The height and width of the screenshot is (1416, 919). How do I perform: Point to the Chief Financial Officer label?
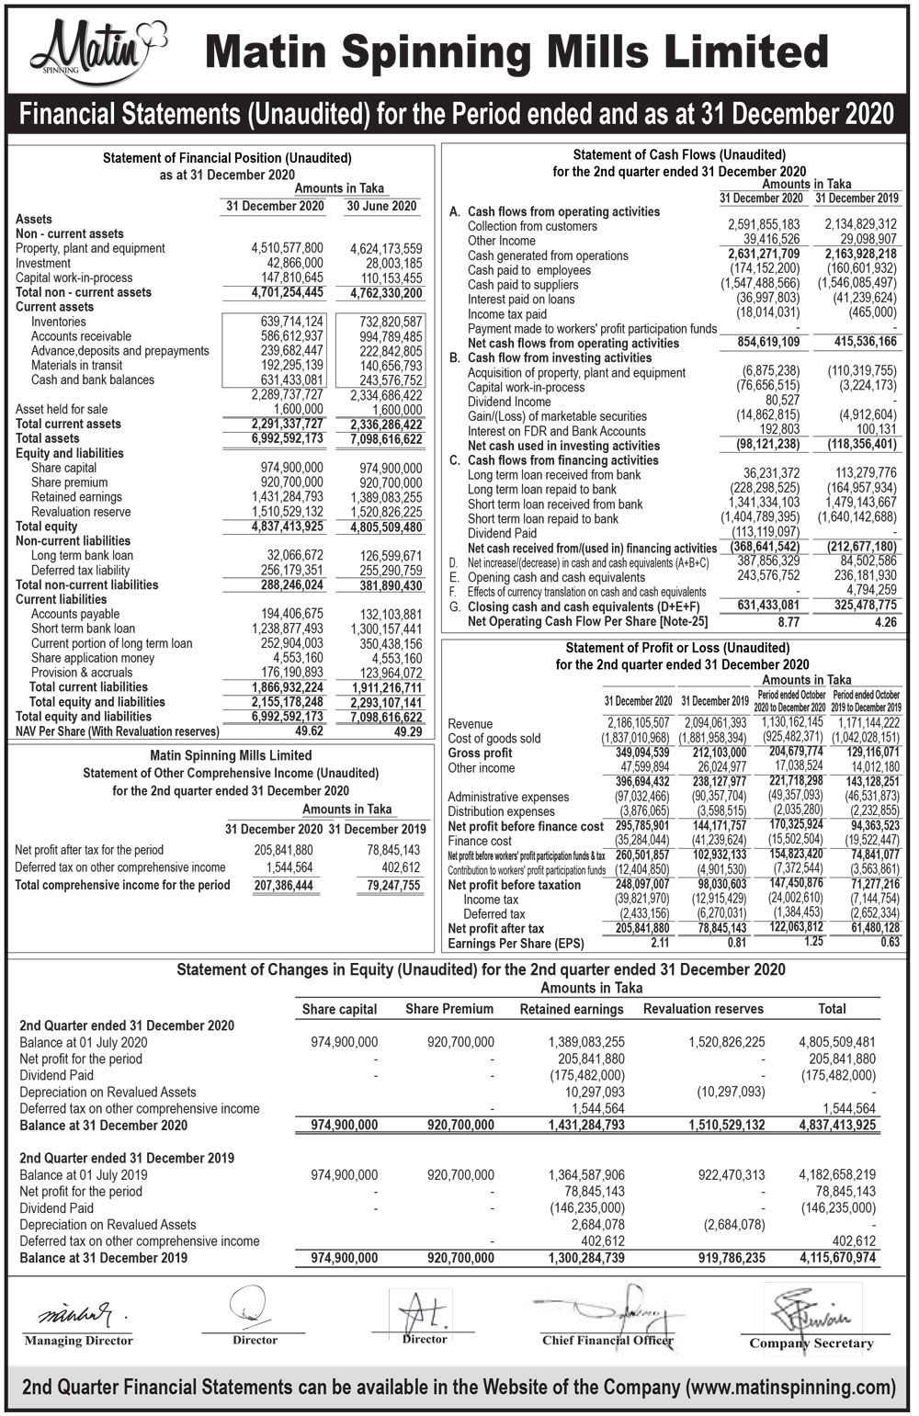607,1340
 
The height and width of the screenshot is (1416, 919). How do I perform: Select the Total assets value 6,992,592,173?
287,439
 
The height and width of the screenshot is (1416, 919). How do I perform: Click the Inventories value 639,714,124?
291,322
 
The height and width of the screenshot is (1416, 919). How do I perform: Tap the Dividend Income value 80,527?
782,402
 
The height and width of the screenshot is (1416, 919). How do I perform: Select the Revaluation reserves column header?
703,1009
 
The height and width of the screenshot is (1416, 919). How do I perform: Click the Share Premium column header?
449,1009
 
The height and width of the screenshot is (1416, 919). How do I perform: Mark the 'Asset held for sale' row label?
61,410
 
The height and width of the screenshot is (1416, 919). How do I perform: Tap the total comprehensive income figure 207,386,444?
283,886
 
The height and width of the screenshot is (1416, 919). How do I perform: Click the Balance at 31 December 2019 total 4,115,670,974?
837,1258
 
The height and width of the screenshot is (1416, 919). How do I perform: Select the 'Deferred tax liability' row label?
80,571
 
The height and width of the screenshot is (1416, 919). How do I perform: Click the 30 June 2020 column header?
381,206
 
